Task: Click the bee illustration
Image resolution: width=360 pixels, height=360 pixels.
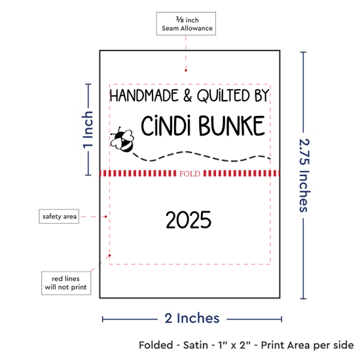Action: (122, 139)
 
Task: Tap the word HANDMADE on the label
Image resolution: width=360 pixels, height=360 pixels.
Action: (144, 96)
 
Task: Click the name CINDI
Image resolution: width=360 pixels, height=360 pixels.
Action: (166, 126)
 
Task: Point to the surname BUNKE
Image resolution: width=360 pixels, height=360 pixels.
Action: (232, 126)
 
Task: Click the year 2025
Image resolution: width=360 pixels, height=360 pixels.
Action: (189, 220)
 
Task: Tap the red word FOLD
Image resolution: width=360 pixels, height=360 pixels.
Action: (190, 173)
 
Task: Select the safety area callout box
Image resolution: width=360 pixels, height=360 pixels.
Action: (59, 216)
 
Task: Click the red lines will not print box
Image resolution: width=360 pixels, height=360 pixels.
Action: (66, 283)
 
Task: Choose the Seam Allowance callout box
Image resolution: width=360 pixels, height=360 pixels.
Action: (186, 24)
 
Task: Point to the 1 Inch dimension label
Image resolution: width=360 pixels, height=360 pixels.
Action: (88, 130)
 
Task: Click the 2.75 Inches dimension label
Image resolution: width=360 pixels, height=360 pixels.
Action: (304, 175)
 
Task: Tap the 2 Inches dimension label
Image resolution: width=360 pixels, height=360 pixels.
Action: (192, 318)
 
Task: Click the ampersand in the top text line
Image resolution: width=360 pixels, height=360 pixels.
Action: (188, 96)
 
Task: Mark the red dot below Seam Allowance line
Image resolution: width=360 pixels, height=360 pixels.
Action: (186, 70)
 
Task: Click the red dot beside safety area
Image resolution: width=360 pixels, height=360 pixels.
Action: (105, 217)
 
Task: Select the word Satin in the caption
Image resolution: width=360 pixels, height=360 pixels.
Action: (196, 345)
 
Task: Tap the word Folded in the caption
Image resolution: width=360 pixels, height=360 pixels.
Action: (156, 345)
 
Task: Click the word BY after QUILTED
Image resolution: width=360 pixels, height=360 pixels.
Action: (262, 96)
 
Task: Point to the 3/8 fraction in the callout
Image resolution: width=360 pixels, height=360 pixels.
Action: (180, 20)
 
